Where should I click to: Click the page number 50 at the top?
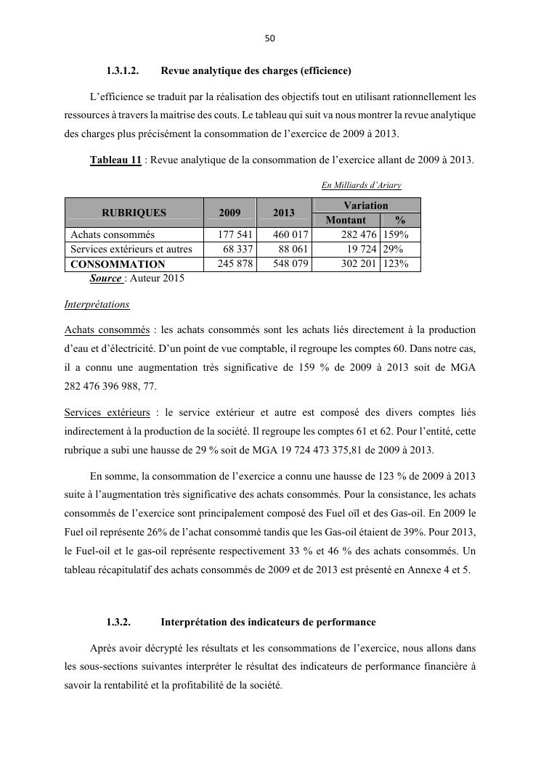click(x=270, y=38)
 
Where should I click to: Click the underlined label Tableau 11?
click(x=115, y=160)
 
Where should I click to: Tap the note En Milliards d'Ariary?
click(x=361, y=185)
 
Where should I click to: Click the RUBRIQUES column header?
click(x=134, y=213)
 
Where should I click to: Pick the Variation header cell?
click(x=365, y=205)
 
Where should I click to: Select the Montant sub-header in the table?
click(x=346, y=220)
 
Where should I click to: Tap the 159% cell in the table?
click(x=397, y=235)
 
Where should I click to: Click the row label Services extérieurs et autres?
click(x=131, y=250)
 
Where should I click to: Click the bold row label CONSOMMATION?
click(x=118, y=264)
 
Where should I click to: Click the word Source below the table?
click(x=105, y=278)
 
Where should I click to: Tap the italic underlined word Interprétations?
click(x=97, y=305)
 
